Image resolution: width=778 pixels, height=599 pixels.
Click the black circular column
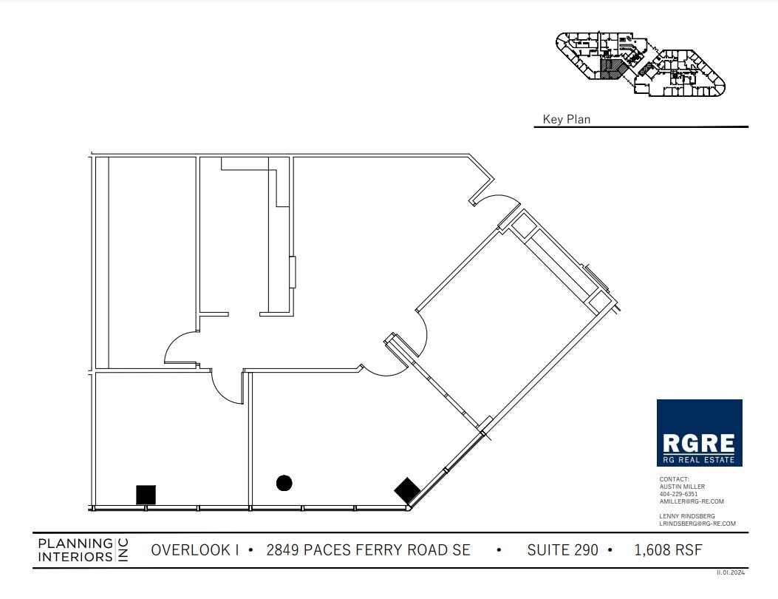[x=284, y=483]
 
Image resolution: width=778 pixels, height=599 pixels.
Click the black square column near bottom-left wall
[x=146, y=494]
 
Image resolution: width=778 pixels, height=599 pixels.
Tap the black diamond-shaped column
[x=407, y=490]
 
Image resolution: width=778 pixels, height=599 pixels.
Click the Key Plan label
[x=567, y=119]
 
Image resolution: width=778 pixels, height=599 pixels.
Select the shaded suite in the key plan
[x=611, y=70]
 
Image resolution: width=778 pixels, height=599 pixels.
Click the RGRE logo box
[x=699, y=433]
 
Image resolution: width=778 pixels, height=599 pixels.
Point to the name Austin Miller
[x=682, y=487]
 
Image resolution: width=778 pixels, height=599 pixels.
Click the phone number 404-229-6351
[x=678, y=494]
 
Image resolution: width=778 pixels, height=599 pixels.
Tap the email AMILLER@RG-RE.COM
[x=692, y=501]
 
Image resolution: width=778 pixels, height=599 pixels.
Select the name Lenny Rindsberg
[x=687, y=516]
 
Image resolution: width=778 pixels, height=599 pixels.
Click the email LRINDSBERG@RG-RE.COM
[x=697, y=524]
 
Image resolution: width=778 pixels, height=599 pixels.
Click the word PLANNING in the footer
[x=75, y=544]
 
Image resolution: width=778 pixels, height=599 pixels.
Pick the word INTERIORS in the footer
[x=75, y=556]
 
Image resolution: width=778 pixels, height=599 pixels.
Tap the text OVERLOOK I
[x=195, y=550]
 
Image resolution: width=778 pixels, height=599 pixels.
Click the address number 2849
[x=281, y=550]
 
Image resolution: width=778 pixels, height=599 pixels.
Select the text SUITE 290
[x=562, y=550]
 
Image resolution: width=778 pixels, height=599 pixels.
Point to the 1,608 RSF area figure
[x=668, y=550]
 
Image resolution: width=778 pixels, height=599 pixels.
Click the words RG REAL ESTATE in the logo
[x=699, y=459]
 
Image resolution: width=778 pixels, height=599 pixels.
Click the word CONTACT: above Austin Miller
[x=674, y=479]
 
